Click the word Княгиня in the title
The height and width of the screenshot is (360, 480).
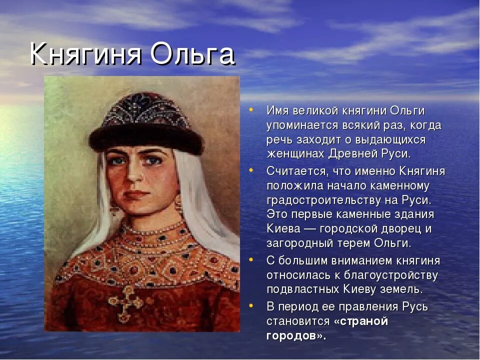[85, 54]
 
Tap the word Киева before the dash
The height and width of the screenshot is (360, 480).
[283, 229]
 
